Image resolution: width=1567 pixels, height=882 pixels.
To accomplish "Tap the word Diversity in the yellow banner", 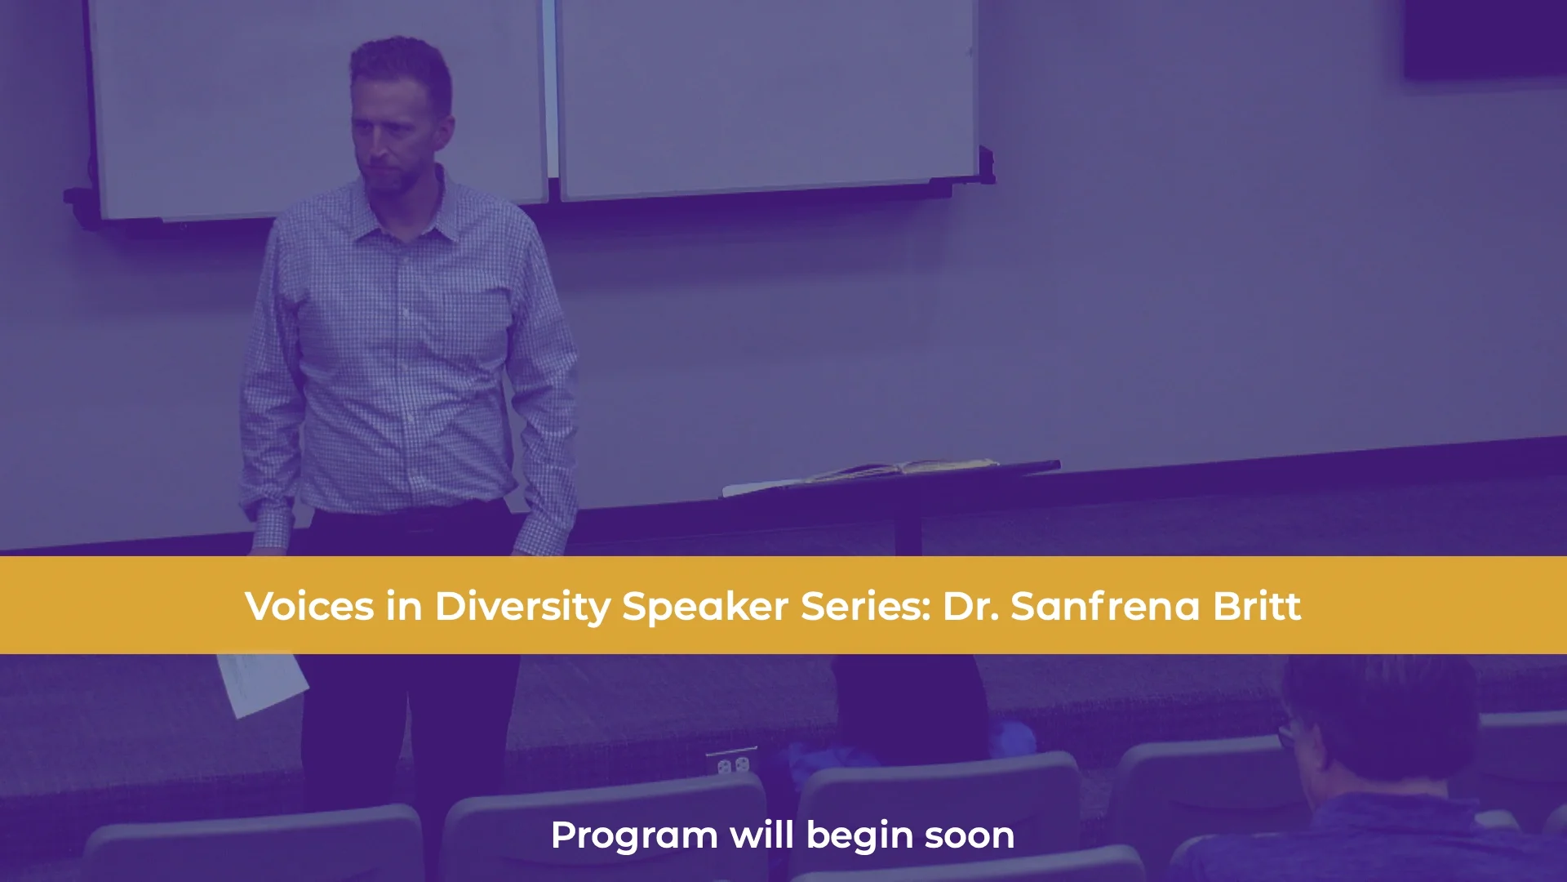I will click(522, 606).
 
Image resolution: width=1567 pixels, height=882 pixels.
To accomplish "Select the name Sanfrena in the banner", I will click(1105, 606).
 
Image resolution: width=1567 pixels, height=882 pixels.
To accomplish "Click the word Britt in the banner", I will click(1257, 606).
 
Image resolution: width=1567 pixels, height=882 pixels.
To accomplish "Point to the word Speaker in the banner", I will click(705, 606).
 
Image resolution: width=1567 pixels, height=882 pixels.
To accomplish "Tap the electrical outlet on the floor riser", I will click(732, 764).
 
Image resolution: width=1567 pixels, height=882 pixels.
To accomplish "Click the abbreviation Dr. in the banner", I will click(970, 606).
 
